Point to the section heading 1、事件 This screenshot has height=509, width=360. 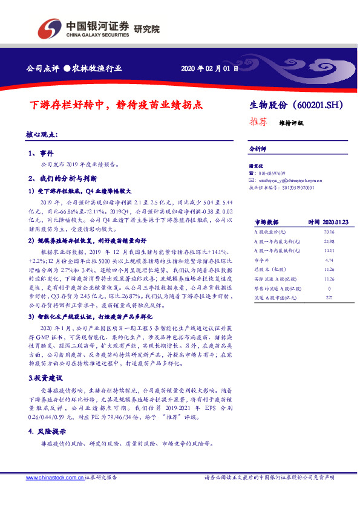point(41,154)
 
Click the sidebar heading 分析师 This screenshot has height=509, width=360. point(258,148)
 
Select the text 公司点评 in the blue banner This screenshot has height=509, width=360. point(39,68)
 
